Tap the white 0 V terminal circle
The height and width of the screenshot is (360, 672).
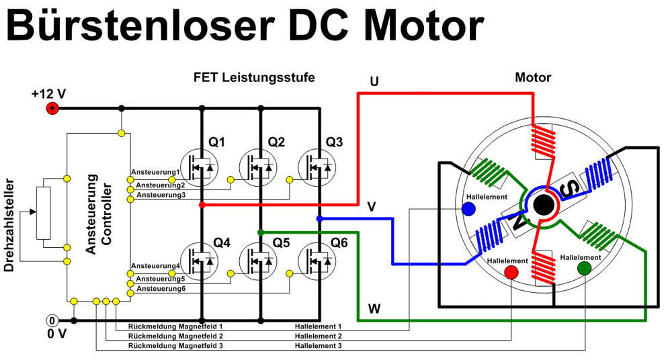tap(52, 320)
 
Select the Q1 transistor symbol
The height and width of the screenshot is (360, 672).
tap(202, 165)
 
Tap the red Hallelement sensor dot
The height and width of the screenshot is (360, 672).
tap(511, 272)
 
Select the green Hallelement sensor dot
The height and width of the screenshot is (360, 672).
tap(584, 269)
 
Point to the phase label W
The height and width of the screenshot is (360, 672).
tap(375, 309)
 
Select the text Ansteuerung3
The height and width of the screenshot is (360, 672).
tap(161, 195)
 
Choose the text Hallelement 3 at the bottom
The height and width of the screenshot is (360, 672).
tap(319, 345)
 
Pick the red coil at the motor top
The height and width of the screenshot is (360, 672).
tap(543, 142)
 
